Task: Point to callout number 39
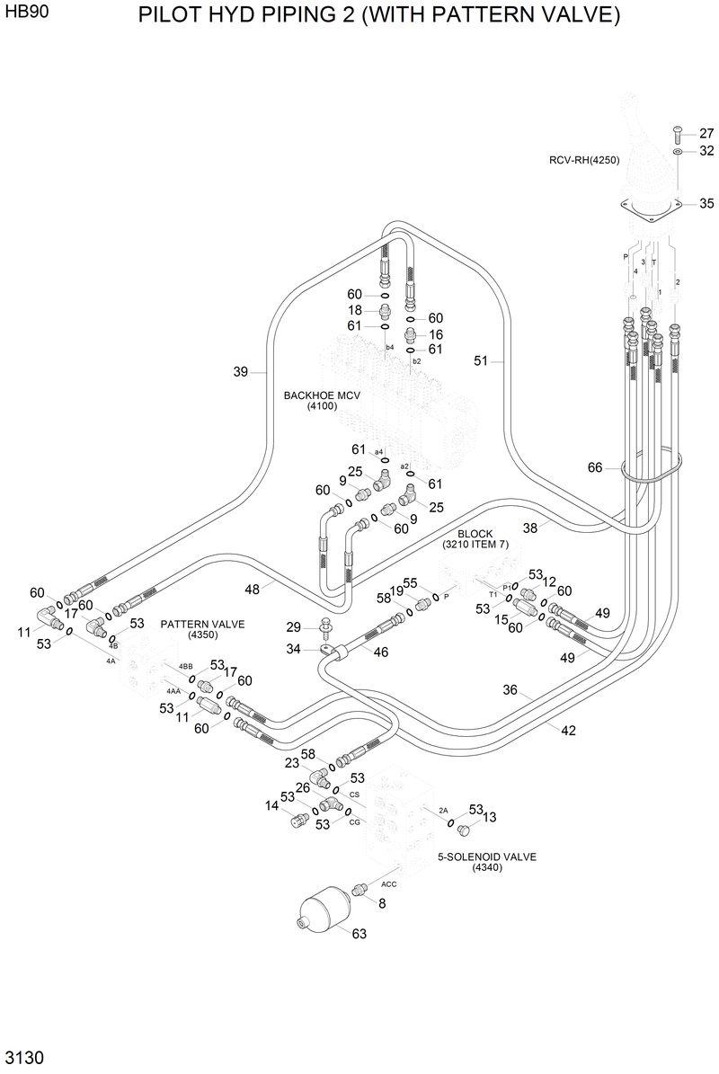(241, 372)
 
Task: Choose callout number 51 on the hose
(482, 360)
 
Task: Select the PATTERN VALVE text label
(202, 629)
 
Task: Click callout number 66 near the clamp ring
(595, 467)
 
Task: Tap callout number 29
(293, 626)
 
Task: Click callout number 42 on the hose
(568, 731)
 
